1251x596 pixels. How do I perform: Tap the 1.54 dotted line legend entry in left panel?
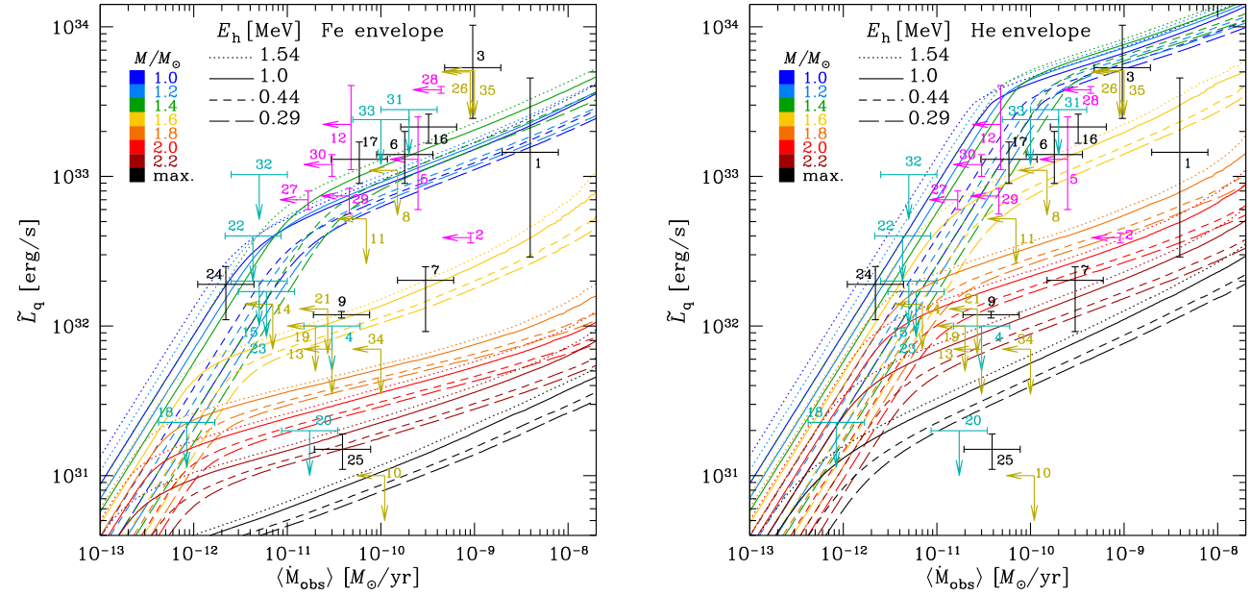(x=255, y=55)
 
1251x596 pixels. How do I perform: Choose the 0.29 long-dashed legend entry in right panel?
(x=904, y=118)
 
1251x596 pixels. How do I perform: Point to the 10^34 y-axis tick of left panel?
(x=66, y=26)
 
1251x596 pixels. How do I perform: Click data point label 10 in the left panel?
(x=393, y=474)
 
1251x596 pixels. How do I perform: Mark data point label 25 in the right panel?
(x=1005, y=459)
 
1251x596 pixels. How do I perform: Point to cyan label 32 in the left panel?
(x=263, y=163)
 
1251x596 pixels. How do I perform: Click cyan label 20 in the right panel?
(x=972, y=421)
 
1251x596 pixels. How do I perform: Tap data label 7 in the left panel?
(x=435, y=271)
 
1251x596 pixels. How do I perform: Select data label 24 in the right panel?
(x=865, y=275)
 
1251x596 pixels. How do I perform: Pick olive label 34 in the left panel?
(x=376, y=339)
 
